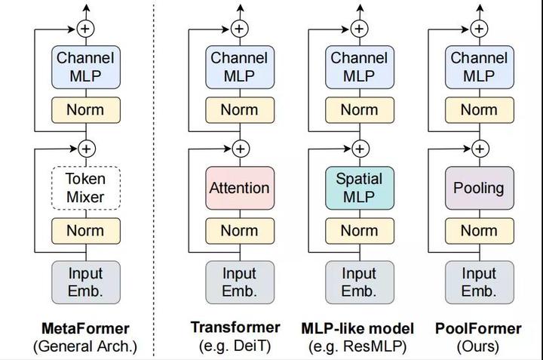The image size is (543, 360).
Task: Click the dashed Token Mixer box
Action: point(85,188)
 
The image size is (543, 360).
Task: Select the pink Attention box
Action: point(239,188)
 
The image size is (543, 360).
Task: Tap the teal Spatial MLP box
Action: point(359,188)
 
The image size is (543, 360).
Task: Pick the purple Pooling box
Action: point(478,188)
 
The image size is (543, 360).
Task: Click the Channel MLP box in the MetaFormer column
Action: point(85,66)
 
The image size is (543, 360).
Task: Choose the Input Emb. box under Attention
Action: point(239,282)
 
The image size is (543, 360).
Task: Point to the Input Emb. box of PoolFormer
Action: point(478,282)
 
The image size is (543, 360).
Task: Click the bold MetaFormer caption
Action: point(85,328)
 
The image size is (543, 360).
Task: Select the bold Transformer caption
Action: point(235,328)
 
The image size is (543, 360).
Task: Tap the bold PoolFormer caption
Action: point(478,328)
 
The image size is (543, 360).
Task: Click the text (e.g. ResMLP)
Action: point(357,347)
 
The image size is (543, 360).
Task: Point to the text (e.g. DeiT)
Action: point(235,347)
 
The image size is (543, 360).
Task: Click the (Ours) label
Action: point(478,347)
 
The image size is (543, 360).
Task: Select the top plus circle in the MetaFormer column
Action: point(85,29)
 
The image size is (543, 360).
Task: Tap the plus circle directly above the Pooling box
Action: point(478,149)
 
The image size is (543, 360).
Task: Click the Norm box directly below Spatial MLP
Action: point(359,230)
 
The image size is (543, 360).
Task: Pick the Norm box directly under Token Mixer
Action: point(85,230)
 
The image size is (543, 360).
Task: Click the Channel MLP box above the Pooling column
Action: point(478,66)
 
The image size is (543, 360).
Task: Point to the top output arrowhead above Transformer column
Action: point(239,8)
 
